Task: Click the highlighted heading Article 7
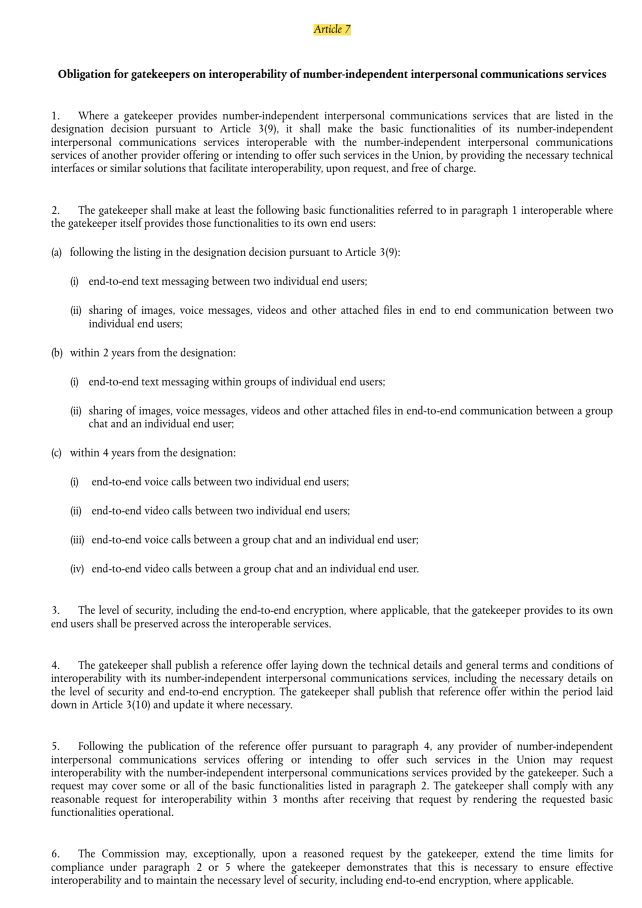pyautogui.click(x=332, y=29)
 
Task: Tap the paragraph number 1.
pyautogui.click(x=55, y=116)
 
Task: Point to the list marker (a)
pyautogui.click(x=56, y=252)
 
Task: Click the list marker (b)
pyautogui.click(x=56, y=353)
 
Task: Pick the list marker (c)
pyautogui.click(x=56, y=453)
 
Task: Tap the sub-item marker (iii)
pyautogui.click(x=77, y=540)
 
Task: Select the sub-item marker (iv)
pyautogui.click(x=77, y=569)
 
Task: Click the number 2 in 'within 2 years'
pyautogui.click(x=105, y=353)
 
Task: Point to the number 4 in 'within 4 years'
pyautogui.click(x=105, y=453)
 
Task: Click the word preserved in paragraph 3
pyautogui.click(x=156, y=624)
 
